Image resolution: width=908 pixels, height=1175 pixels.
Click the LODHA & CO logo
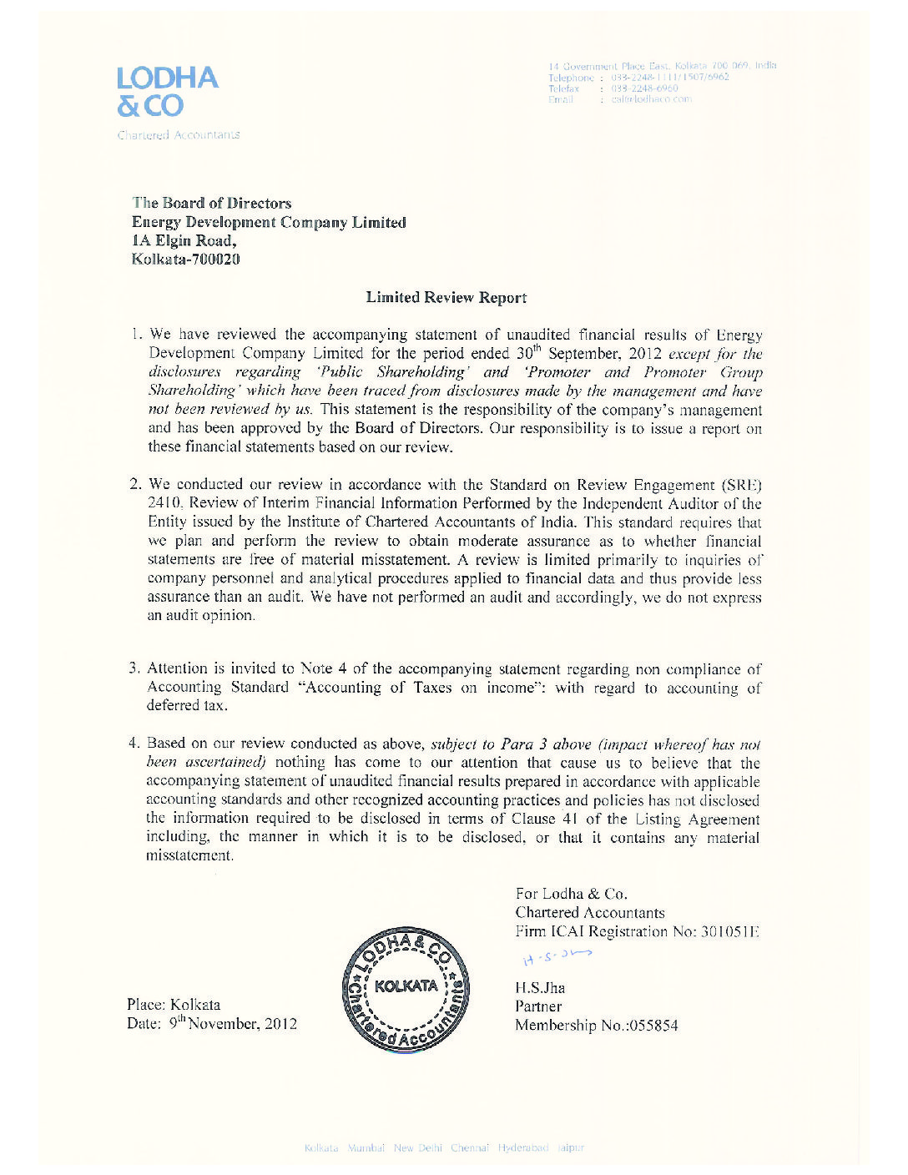click(167, 91)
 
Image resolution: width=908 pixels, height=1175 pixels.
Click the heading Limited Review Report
click(446, 298)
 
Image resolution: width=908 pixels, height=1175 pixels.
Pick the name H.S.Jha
click(540, 988)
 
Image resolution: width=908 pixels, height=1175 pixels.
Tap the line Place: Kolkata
click(174, 1005)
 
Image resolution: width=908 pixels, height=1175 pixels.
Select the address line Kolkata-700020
click(185, 260)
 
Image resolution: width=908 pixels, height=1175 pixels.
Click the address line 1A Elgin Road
click(184, 241)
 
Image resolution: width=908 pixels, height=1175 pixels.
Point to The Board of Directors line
click(212, 203)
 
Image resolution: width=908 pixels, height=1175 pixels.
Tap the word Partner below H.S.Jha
click(538, 1006)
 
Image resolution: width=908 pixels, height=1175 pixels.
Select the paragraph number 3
click(134, 668)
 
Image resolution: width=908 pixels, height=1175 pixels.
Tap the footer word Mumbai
click(366, 1148)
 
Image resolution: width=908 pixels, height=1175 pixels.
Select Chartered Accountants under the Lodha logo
click(179, 134)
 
